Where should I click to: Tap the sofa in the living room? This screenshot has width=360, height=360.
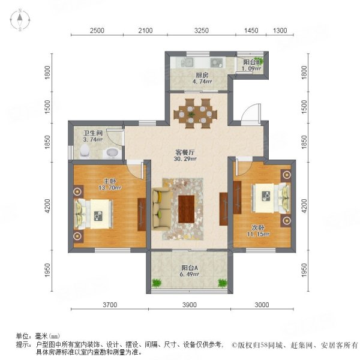161,208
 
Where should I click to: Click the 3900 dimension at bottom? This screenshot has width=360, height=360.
189,305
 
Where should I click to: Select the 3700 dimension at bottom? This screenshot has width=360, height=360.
108,305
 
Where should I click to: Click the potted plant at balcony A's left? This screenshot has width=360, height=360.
157,282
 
